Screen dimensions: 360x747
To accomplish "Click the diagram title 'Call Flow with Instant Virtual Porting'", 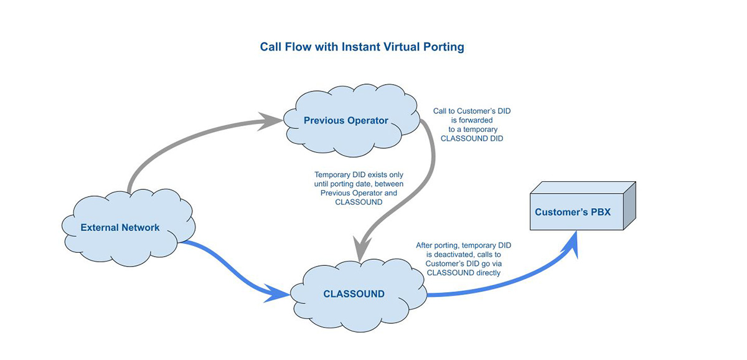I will tap(362, 47).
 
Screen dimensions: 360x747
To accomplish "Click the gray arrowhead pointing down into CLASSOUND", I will tap(360, 252).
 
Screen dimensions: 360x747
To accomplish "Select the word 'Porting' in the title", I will tap(445, 47).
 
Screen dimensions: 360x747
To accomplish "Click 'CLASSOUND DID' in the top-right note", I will tap(471, 139).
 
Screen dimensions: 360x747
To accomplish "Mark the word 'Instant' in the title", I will tap(360, 47).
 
